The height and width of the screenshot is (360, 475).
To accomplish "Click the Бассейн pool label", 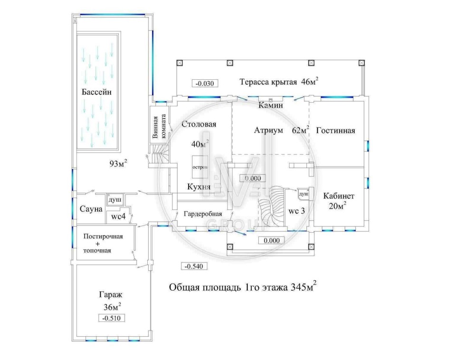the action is pos(96,92).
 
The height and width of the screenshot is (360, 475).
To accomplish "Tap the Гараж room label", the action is pos(111,294).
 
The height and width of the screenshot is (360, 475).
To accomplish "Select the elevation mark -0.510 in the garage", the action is pos(112,318).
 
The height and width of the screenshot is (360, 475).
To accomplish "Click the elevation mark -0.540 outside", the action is pos(194,266).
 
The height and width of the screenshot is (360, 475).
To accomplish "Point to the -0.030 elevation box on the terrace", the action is pos(205,83).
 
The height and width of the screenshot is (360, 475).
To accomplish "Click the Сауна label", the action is pos(91,209).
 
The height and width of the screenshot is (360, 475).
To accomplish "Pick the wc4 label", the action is pos(118,217).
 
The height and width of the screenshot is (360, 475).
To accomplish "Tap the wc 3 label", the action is pos(296,211).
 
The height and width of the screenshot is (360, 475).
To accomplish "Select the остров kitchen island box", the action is pos(200,167).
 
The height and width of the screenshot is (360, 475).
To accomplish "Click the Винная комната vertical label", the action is pos(159,126).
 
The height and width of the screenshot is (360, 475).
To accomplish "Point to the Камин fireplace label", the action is pos(271,105).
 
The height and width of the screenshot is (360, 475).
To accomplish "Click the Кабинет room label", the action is pos(339,196).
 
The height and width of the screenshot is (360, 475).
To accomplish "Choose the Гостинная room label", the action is pos(335,131).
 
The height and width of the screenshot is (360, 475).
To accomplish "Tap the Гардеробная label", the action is pos(203,214).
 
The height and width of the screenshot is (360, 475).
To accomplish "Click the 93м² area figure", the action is pos(118,163).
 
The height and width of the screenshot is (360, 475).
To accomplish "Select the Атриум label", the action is pos(268,130).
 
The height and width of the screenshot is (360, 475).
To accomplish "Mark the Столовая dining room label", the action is pos(199,124).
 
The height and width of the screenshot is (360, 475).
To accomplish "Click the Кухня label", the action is pos(199,187).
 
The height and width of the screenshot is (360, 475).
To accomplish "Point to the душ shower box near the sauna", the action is pos(115,200).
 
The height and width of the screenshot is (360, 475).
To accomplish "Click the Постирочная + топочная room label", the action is pos(103,244).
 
